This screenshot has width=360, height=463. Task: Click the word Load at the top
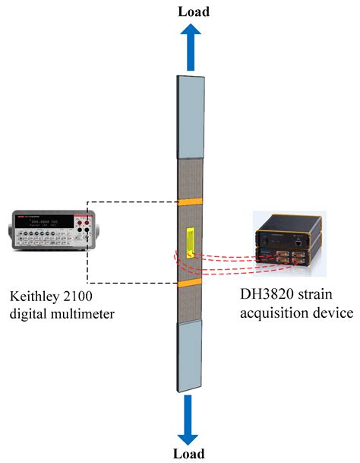pyautogui.click(x=193, y=11)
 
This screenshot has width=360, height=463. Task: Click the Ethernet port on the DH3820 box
pyautogui.click(x=302, y=240)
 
